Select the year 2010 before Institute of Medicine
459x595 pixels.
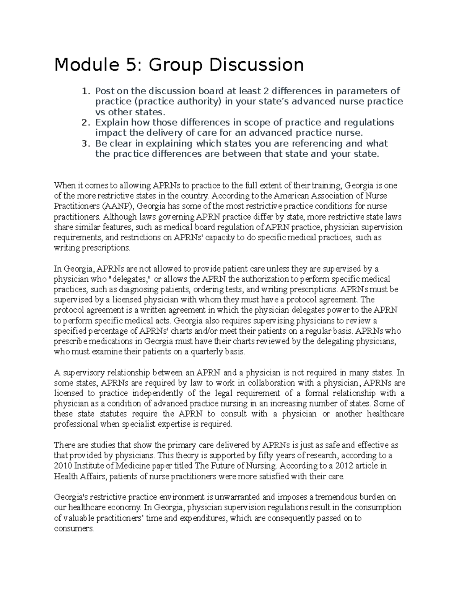point(63,466)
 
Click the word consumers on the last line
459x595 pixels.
point(73,529)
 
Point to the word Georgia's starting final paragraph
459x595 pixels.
point(70,497)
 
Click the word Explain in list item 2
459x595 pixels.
point(111,123)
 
